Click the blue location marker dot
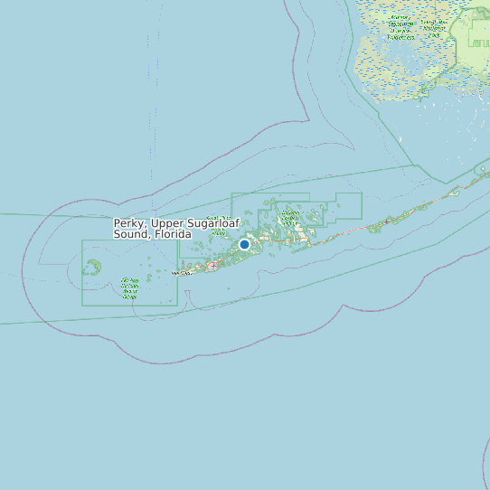(244, 244)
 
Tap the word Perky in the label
(129, 223)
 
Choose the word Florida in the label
(173, 234)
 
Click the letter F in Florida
(157, 234)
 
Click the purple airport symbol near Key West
(212, 266)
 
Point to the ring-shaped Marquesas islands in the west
(91, 267)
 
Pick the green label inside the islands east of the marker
(290, 216)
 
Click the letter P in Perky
(117, 223)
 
